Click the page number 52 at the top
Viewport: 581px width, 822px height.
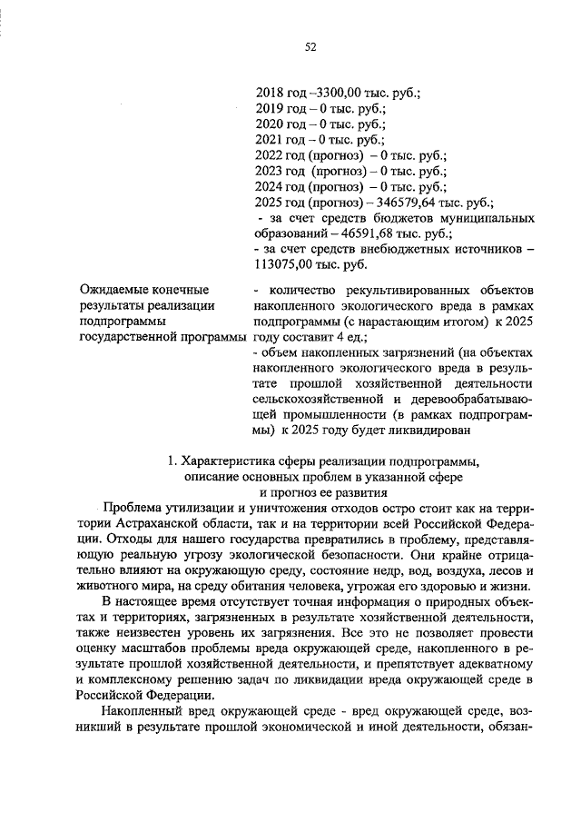tap(310, 47)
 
